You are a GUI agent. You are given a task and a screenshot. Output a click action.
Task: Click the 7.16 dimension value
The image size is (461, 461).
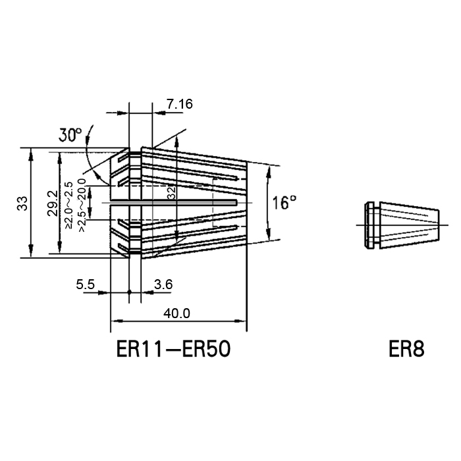(x=180, y=104)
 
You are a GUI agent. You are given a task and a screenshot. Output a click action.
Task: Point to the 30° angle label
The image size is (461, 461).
(x=70, y=135)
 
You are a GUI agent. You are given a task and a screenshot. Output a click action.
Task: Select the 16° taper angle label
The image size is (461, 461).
(x=284, y=203)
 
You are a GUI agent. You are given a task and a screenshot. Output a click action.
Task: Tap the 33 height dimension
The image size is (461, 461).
(x=22, y=203)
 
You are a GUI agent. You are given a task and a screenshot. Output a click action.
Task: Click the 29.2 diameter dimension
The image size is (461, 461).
(x=53, y=203)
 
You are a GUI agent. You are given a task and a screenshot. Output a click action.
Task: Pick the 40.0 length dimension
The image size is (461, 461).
(x=177, y=313)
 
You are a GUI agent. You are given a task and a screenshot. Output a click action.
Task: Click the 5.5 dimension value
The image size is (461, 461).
(x=85, y=285)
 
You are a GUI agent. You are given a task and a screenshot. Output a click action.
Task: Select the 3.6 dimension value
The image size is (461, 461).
(x=163, y=285)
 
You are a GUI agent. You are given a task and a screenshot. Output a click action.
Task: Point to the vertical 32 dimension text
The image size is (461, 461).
(x=172, y=193)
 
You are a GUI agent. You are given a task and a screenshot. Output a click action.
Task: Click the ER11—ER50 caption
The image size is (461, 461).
(x=173, y=349)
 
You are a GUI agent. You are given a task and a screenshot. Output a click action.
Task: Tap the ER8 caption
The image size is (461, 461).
(x=406, y=349)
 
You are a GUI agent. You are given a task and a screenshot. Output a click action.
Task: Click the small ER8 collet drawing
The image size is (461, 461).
(x=402, y=225)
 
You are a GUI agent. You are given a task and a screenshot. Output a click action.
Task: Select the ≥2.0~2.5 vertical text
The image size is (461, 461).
(x=68, y=205)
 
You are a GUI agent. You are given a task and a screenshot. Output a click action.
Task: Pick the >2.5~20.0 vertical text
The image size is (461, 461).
(x=82, y=205)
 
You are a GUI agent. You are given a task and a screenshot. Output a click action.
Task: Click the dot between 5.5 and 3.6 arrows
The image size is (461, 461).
(x=129, y=292)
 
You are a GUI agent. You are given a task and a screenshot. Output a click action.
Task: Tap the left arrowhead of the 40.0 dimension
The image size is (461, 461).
(x=117, y=321)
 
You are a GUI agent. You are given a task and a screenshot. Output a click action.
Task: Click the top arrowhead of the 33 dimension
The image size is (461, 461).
(x=31, y=153)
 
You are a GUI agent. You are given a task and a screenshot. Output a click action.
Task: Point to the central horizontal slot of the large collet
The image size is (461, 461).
(x=173, y=203)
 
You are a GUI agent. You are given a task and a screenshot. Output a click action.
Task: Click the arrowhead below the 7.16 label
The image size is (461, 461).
(x=159, y=113)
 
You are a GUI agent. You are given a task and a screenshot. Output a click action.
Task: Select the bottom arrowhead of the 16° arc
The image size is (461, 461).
(x=268, y=234)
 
